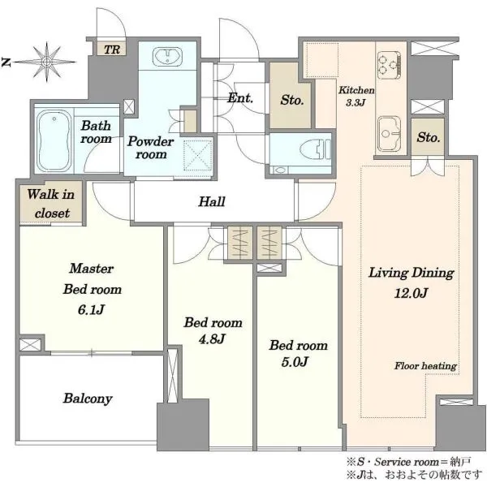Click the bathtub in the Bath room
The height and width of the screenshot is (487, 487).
(54, 140)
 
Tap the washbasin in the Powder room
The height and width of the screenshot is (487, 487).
(167, 57)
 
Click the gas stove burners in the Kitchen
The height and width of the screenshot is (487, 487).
(389, 65)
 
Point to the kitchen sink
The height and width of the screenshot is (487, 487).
(389, 133)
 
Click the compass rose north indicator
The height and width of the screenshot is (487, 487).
(6, 62)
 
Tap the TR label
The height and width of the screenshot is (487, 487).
(112, 50)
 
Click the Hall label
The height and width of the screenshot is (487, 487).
(212, 201)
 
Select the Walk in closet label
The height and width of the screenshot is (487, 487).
(51, 204)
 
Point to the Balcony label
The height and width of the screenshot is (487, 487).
(88, 399)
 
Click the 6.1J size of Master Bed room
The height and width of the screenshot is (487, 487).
(91, 310)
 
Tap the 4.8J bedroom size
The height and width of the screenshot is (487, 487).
(212, 338)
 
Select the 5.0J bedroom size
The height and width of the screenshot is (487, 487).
(295, 362)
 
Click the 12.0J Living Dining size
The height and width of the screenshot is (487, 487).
(412, 293)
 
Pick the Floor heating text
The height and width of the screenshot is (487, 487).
(425, 366)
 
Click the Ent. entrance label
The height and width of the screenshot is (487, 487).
(240, 98)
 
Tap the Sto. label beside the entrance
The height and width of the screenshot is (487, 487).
(291, 100)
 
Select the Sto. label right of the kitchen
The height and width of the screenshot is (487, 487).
(429, 137)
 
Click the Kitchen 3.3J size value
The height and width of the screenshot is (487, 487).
(356, 102)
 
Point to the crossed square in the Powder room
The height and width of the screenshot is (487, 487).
(197, 155)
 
